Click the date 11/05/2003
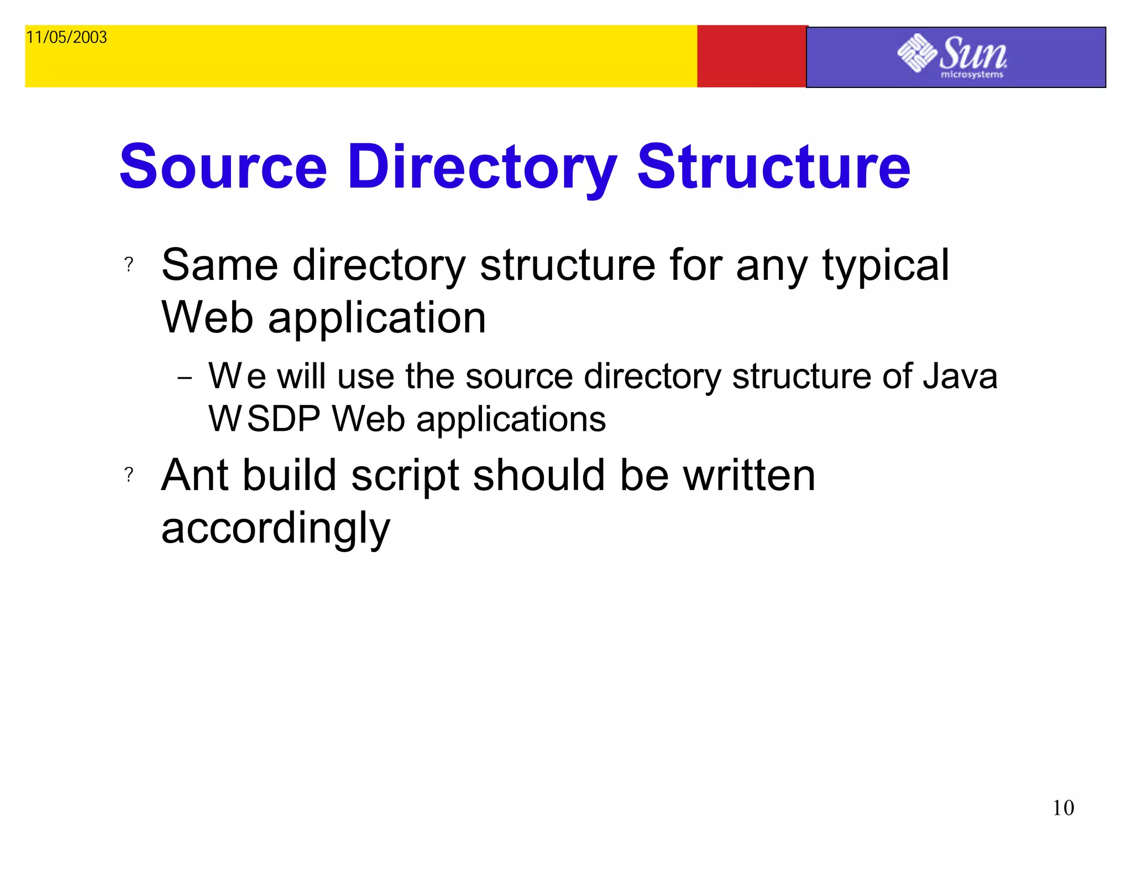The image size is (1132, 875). [x=66, y=38]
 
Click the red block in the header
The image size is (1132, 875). [x=751, y=56]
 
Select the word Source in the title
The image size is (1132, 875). [x=223, y=167]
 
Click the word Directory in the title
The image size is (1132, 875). [x=482, y=167]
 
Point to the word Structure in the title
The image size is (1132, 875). [x=773, y=167]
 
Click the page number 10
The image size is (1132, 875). [x=1063, y=808]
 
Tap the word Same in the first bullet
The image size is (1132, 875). [x=219, y=265]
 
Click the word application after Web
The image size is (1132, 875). [x=377, y=319]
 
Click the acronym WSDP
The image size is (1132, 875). [x=264, y=419]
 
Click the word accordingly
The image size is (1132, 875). [x=275, y=529]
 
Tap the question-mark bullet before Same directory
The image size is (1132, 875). [x=129, y=264]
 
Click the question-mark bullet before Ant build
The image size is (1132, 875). [x=129, y=475]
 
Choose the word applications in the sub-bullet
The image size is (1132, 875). [x=511, y=420]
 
